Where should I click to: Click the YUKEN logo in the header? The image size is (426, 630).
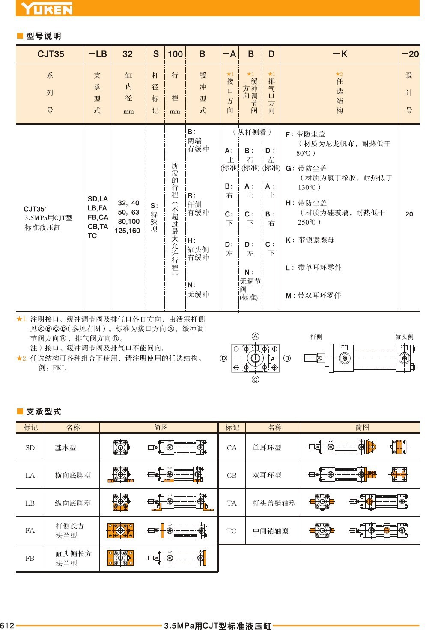[47, 8]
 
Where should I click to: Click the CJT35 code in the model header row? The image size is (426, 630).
[51, 54]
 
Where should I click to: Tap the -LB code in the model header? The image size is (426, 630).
[97, 54]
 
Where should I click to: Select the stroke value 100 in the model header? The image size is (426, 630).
[175, 54]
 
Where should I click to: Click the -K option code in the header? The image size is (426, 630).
[340, 54]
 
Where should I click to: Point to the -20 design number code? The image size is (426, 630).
[410, 54]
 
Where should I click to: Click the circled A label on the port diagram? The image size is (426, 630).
[256, 336]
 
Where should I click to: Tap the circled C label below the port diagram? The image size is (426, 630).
[256, 379]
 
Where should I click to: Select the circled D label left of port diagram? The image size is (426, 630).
[223, 358]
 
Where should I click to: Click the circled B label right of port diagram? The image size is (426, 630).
[287, 358]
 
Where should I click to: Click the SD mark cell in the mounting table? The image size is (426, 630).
[30, 448]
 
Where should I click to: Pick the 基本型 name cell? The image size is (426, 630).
[65, 448]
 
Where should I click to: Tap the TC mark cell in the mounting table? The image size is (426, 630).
[232, 531]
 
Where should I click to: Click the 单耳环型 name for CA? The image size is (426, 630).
[267, 448]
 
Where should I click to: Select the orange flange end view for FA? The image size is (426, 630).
[120, 531]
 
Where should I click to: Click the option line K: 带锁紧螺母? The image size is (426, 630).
[310, 240]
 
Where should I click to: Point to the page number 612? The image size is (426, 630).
[7, 625]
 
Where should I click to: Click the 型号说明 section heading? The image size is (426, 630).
[43, 36]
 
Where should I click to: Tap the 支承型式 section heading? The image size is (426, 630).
[43, 411]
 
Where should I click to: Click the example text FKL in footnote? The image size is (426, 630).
[59, 368]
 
